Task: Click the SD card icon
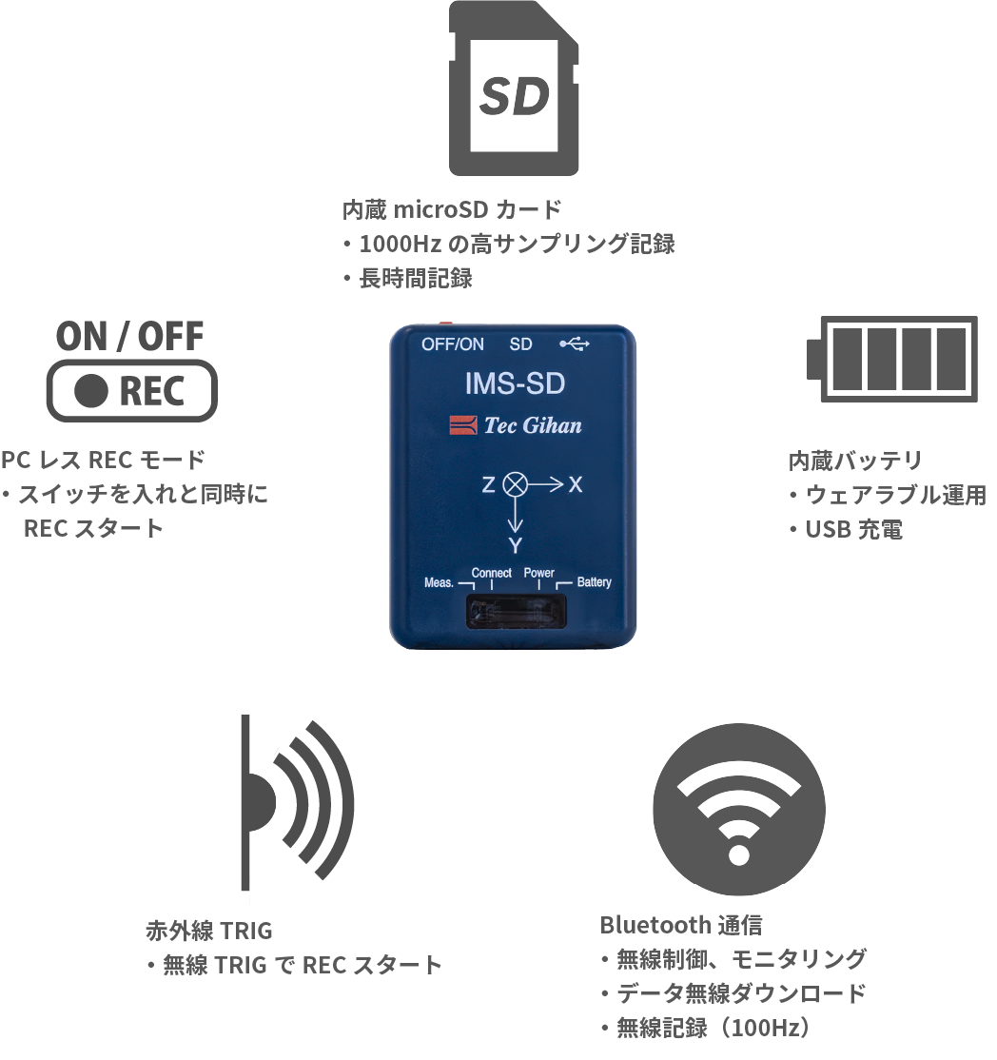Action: (514, 88)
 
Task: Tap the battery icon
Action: (892, 359)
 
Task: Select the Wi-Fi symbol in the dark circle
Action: (738, 808)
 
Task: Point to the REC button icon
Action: (132, 391)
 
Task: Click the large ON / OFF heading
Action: (131, 336)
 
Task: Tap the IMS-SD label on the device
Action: (515, 384)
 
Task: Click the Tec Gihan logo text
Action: (532, 426)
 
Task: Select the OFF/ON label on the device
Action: (453, 344)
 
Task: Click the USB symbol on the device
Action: (575, 344)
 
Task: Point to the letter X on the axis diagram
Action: (576, 485)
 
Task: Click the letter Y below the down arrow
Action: (515, 546)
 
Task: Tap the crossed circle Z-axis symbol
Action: (515, 484)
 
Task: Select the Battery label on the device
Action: (594, 582)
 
